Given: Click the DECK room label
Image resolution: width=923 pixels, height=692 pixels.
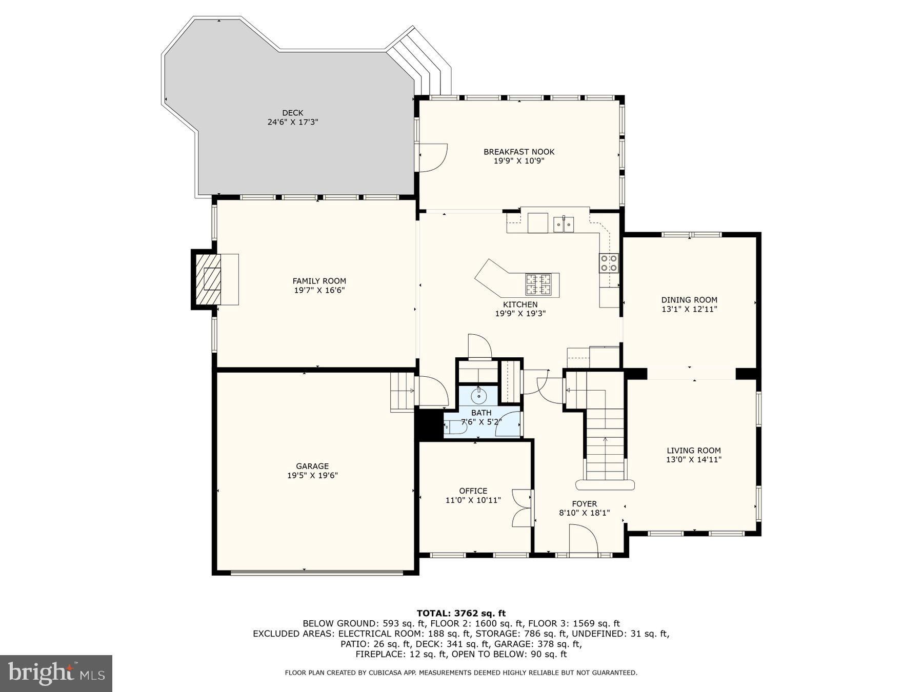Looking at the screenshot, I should pos(292,113).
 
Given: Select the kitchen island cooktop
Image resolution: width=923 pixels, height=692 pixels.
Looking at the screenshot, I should pos(538,285).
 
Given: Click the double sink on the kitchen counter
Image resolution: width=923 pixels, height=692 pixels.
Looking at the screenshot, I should pos(564,224).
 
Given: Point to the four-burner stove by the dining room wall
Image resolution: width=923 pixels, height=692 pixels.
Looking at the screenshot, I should pos(609,262).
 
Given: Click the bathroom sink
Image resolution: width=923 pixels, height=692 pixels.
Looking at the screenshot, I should pos(479,396).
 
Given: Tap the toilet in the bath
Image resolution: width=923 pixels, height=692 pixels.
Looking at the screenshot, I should pos(453,426).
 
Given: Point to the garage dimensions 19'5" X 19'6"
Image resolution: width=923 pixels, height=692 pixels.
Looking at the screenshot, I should pos(312,476).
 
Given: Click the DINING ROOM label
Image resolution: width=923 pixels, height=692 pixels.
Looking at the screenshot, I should pos(689,300).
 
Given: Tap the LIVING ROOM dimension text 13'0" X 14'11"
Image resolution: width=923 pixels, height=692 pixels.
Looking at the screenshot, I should pos(693,460).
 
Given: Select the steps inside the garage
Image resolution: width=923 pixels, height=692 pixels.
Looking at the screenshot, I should pos(402,392).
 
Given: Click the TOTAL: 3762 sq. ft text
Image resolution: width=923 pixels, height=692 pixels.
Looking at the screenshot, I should pos(461,613).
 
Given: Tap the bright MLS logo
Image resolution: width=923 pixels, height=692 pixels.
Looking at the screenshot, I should pos(56,673).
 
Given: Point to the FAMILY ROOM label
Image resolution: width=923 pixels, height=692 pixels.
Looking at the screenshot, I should pos(319,281).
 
